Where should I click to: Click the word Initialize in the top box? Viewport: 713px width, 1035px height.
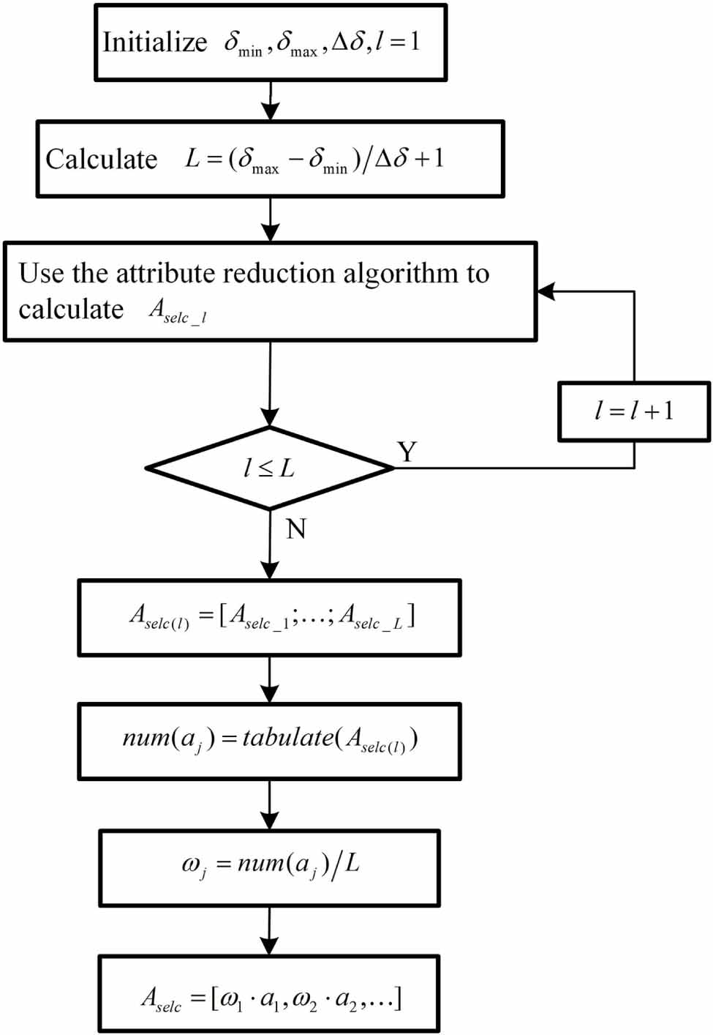pyautogui.click(x=154, y=42)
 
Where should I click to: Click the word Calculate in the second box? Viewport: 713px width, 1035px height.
pyautogui.click(x=101, y=160)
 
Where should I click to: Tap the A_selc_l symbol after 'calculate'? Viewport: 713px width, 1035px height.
pyautogui.click(x=178, y=311)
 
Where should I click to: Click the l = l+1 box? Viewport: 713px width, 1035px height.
pyautogui.click(x=633, y=411)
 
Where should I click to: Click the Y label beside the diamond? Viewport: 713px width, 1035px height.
pyautogui.click(x=407, y=452)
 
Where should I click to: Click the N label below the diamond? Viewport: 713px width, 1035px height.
pyautogui.click(x=295, y=529)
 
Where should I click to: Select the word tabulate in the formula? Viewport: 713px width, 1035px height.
pyautogui.click(x=287, y=738)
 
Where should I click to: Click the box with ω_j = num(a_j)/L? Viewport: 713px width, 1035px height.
pyautogui.click(x=269, y=867)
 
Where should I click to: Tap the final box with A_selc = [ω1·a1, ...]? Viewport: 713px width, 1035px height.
pyautogui.click(x=269, y=993)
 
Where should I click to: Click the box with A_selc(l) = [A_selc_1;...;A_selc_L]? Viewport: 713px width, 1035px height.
pyautogui.click(x=269, y=617)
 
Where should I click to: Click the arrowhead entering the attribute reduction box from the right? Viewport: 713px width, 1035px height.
pyautogui.click(x=546, y=291)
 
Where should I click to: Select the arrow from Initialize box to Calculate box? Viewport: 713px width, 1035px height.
pyautogui.click(x=271, y=101)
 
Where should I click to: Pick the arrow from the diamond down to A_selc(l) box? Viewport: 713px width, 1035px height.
pyautogui.click(x=271, y=545)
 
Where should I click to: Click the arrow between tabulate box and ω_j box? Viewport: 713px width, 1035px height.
pyautogui.click(x=270, y=805)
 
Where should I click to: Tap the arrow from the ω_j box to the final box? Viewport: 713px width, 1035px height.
pyautogui.click(x=270, y=931)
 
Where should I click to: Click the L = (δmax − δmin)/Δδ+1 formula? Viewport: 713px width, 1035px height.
pyautogui.click(x=314, y=160)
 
